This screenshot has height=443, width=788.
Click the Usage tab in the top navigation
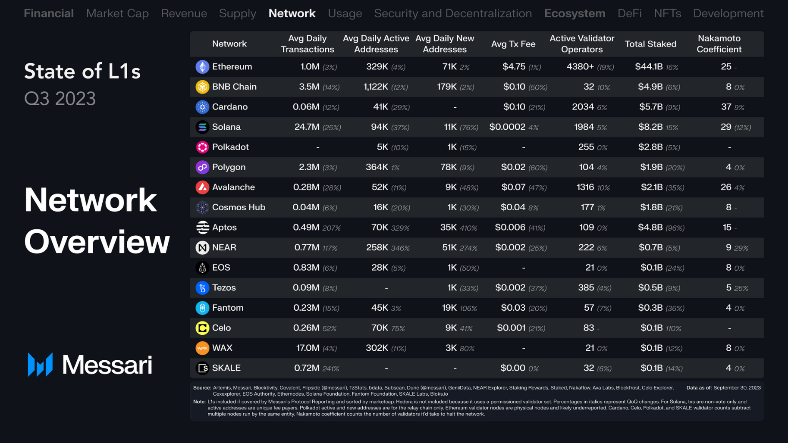pyautogui.click(x=345, y=13)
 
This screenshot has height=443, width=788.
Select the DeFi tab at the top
pyautogui.click(x=629, y=13)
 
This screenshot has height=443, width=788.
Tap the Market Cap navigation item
pyautogui.click(x=117, y=13)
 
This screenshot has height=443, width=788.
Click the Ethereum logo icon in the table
pyautogui.click(x=202, y=67)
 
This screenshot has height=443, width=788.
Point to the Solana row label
pyautogui.click(x=226, y=127)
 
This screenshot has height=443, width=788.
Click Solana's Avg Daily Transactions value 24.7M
pyautogui.click(x=307, y=127)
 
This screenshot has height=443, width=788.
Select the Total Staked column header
pyautogui.click(x=650, y=44)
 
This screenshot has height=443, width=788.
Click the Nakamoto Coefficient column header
pyautogui.click(x=719, y=44)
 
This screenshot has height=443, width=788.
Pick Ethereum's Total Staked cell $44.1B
pyautogui.click(x=649, y=67)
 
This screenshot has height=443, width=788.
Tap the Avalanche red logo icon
pyautogui.click(x=202, y=187)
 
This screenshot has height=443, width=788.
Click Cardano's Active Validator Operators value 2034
pyautogui.click(x=583, y=107)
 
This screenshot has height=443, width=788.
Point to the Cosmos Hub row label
pyautogui.click(x=239, y=207)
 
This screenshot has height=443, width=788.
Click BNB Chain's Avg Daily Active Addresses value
pyautogui.click(x=376, y=87)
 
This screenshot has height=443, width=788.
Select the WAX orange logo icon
pyautogui.click(x=202, y=348)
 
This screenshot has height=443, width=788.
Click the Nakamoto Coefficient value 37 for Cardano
pyautogui.click(x=726, y=107)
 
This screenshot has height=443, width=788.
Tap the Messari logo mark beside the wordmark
pyautogui.click(x=40, y=365)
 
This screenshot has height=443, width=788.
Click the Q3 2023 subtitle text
pyautogui.click(x=60, y=99)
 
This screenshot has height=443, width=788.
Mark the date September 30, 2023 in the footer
pyautogui.click(x=737, y=388)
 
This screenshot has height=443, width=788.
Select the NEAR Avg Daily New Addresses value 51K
pyautogui.click(x=449, y=248)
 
